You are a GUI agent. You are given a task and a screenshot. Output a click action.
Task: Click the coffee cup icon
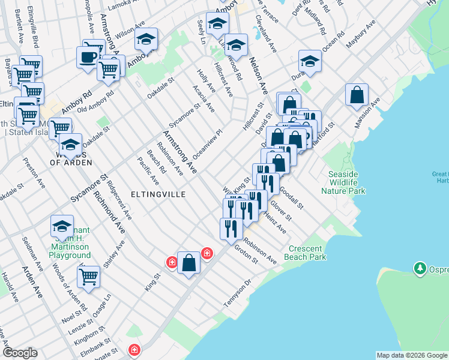pyautogui.click(x=88, y=58)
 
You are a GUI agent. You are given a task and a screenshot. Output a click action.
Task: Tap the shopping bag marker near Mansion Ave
pyautogui.click(x=357, y=95)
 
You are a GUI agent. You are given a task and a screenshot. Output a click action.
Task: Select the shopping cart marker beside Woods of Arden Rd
pyautogui.click(x=88, y=277)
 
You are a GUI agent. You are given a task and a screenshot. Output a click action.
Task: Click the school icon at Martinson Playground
pyautogui.click(x=62, y=226)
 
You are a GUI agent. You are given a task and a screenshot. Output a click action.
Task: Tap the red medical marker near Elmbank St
pyautogui.click(x=135, y=349)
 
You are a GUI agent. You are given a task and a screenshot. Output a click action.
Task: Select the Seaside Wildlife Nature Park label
pyautogui.click(x=343, y=182)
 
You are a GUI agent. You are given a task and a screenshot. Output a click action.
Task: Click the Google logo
pyautogui.click(x=20, y=353)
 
